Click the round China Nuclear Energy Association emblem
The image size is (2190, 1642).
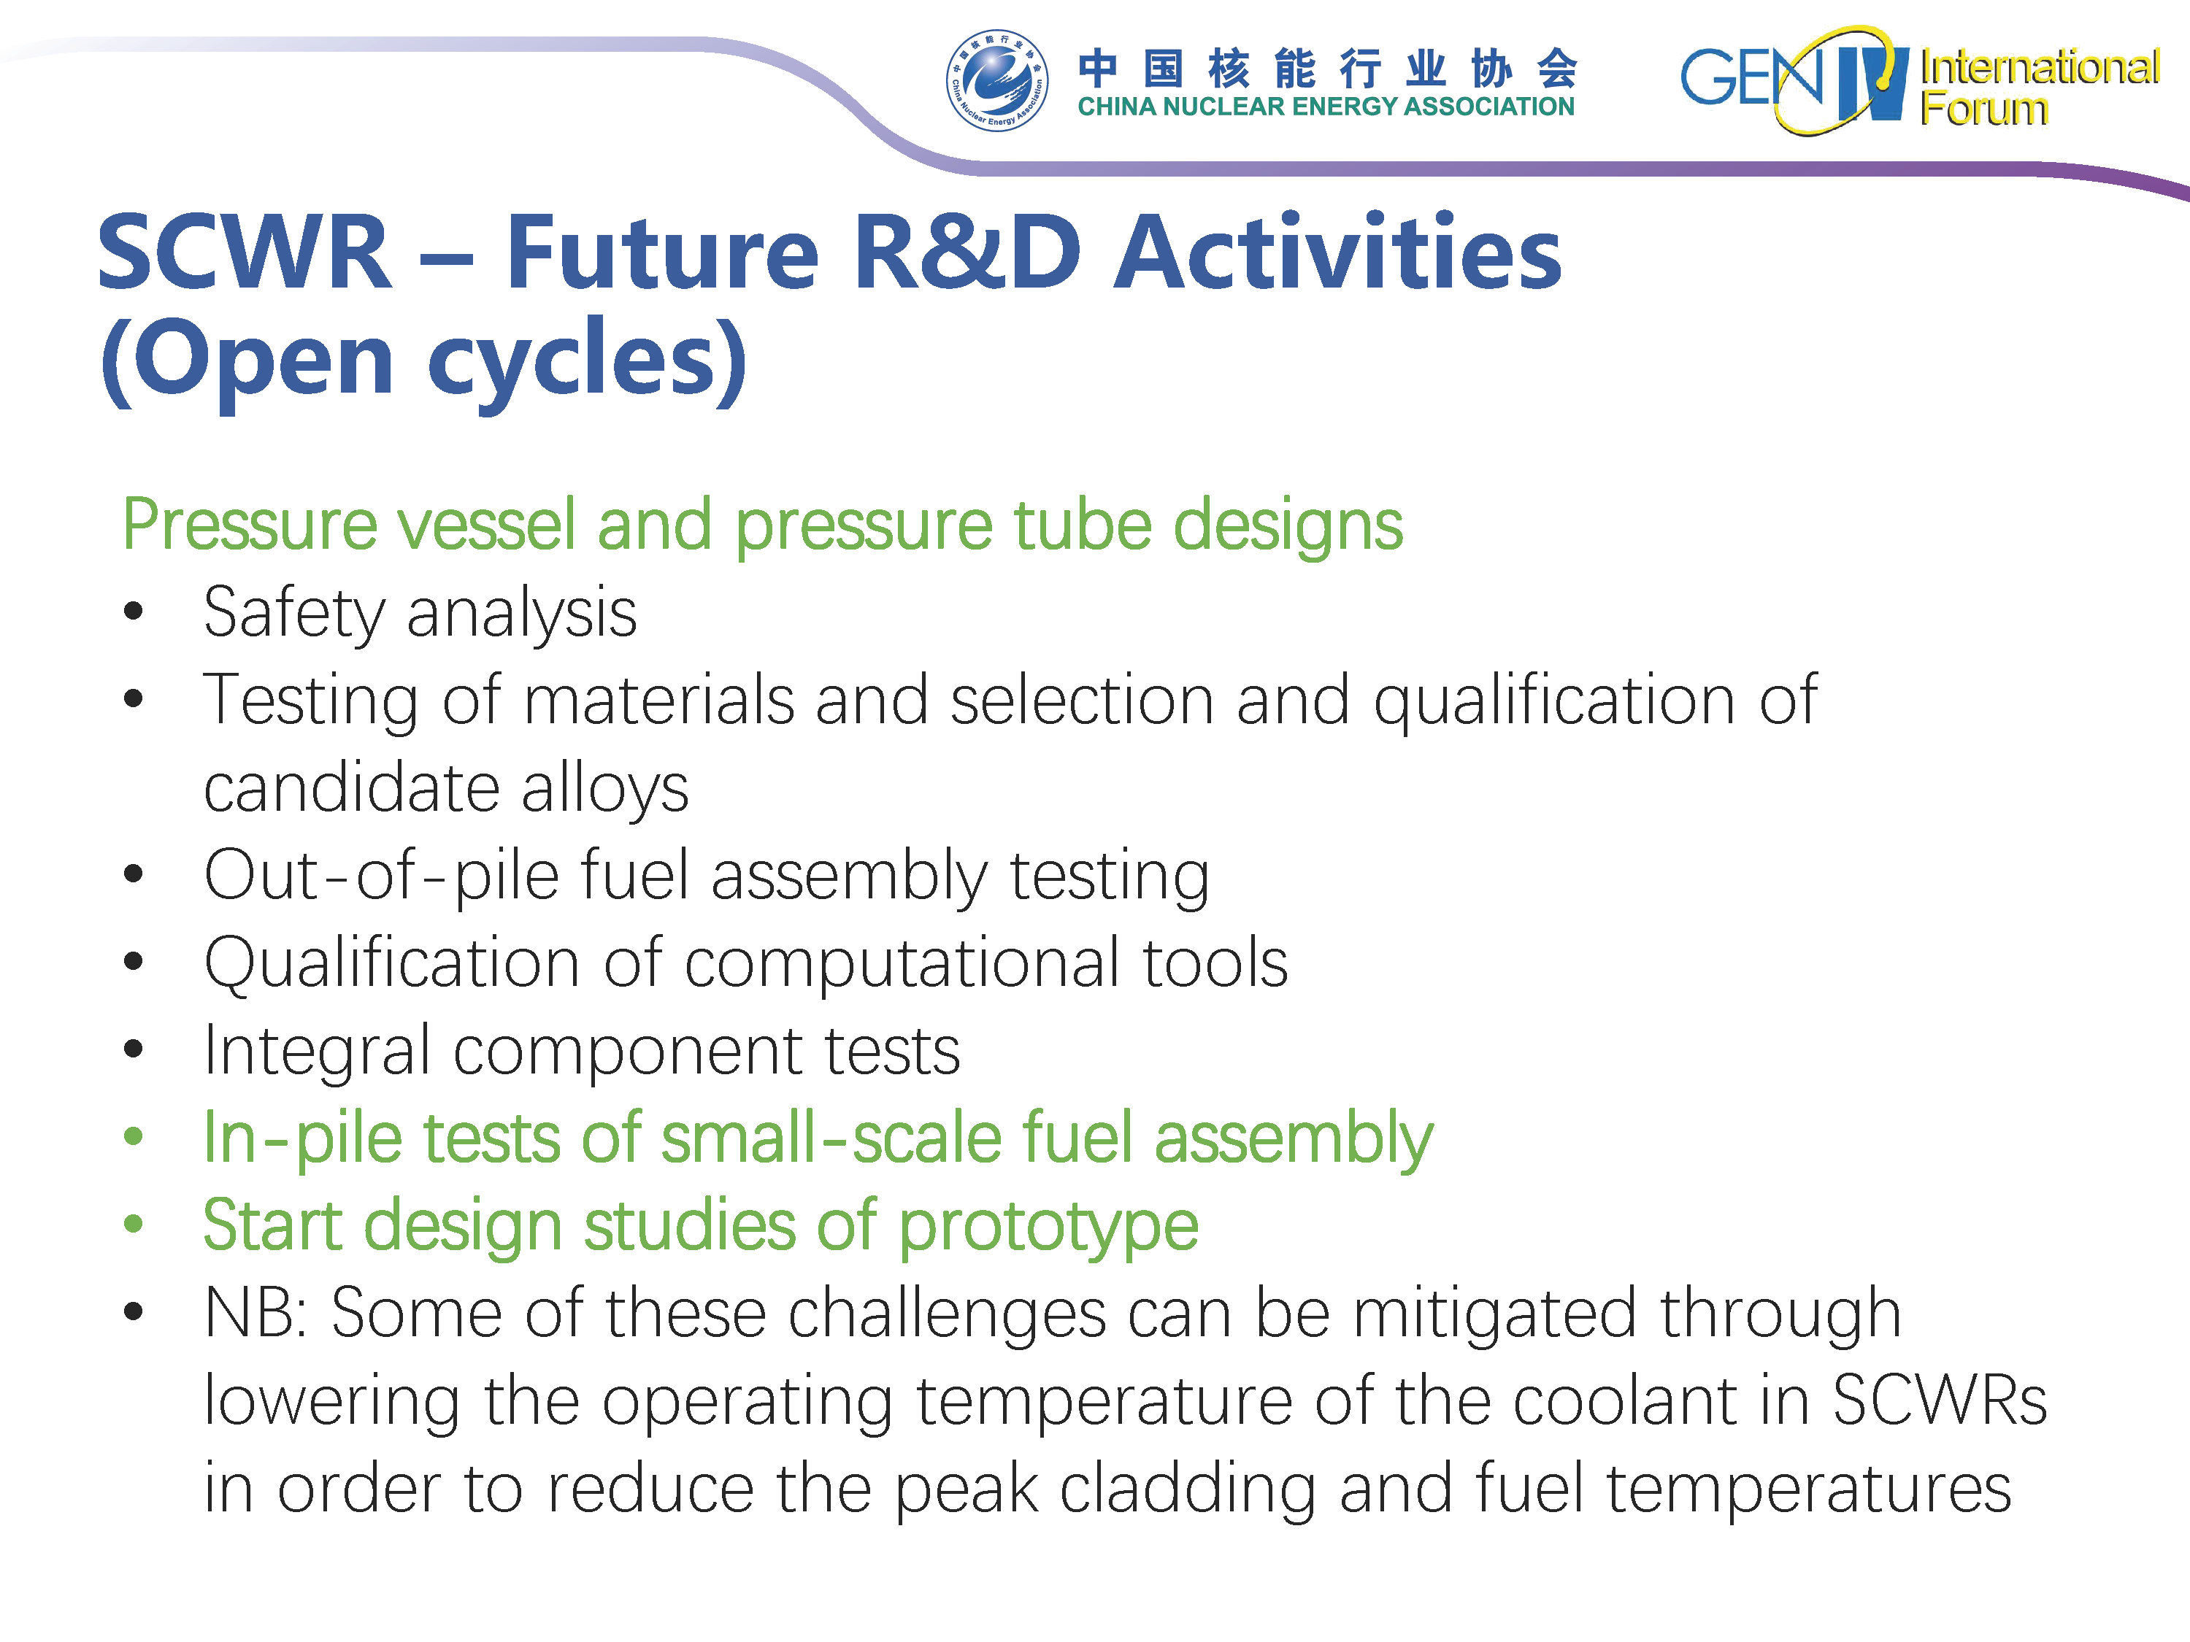coord(997,80)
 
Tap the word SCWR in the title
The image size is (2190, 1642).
coord(245,253)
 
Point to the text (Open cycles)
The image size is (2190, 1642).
coord(423,361)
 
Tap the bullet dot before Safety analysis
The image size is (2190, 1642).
coord(134,612)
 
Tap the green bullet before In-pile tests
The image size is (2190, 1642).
coord(134,1136)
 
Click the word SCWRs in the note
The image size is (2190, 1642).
coord(1940,1400)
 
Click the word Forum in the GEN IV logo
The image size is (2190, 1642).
coord(1984,108)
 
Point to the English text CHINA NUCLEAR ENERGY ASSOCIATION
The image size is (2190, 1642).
coord(1326,106)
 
